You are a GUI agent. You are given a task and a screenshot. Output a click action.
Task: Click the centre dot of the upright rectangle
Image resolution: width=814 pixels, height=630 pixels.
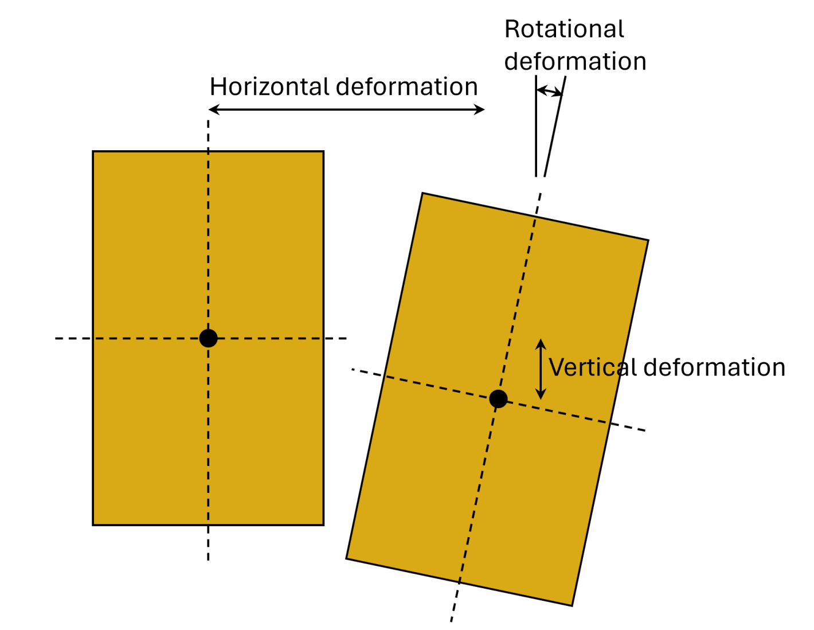click(x=208, y=338)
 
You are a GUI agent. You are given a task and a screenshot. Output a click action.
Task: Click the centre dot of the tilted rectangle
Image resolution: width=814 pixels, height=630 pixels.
click(x=498, y=398)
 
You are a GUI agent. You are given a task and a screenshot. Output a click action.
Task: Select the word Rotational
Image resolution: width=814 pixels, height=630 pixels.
click(x=564, y=30)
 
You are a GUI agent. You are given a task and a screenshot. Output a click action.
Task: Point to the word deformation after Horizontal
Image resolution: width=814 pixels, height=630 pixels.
click(x=407, y=87)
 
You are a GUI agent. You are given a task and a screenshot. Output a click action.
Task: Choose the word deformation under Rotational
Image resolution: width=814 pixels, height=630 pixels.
click(x=575, y=62)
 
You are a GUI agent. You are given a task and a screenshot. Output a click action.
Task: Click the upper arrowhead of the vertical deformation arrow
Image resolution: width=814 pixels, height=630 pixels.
click(x=541, y=343)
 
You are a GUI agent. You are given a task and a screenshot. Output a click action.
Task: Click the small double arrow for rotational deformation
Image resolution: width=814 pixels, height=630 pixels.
click(x=549, y=91)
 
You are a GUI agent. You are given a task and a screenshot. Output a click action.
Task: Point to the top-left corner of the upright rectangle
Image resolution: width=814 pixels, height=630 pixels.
click(x=93, y=152)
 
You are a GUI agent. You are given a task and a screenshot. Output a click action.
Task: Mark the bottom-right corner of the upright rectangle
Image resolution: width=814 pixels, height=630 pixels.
click(x=323, y=525)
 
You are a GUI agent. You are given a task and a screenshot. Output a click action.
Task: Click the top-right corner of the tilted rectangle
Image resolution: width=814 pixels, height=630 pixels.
click(x=648, y=241)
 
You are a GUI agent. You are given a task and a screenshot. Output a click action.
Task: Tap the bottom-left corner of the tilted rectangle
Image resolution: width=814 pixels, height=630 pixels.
click(x=347, y=558)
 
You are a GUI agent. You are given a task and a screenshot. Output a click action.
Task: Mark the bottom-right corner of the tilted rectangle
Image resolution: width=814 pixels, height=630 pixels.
click(x=572, y=605)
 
